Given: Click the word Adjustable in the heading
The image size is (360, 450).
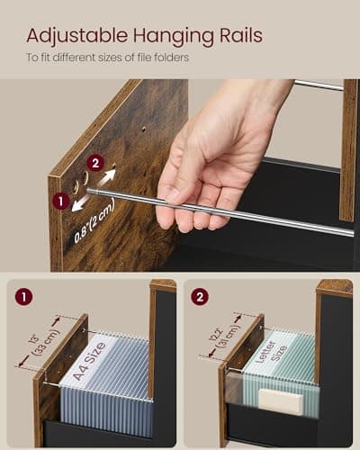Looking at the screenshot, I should [x=71, y=36].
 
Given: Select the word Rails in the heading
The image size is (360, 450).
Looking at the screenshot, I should [x=236, y=36].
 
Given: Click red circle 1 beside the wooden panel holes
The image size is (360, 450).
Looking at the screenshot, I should [x=60, y=202].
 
